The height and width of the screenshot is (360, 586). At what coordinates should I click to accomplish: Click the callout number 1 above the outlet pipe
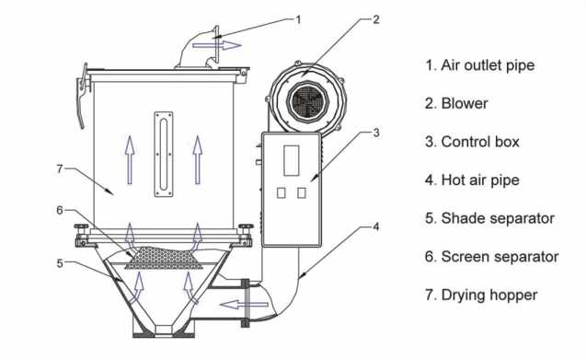(298, 19)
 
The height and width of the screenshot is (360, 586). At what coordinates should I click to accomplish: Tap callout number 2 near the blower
(376, 19)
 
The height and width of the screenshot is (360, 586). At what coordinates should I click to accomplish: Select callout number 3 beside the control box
(376, 133)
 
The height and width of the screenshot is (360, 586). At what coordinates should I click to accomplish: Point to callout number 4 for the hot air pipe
(376, 226)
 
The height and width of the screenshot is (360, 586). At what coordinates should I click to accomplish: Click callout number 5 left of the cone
(60, 263)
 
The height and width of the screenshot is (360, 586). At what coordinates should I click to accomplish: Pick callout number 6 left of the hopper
(60, 210)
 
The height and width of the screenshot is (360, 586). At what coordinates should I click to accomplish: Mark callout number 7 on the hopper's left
(60, 168)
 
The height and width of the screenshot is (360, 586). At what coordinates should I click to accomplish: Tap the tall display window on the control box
(291, 160)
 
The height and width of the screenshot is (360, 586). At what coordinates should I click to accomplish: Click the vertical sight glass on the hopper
(164, 154)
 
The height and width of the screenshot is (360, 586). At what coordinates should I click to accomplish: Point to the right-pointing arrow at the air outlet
(217, 45)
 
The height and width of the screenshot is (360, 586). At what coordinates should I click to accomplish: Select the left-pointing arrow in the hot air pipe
(244, 304)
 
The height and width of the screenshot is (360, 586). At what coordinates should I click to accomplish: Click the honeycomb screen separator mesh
(164, 258)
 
